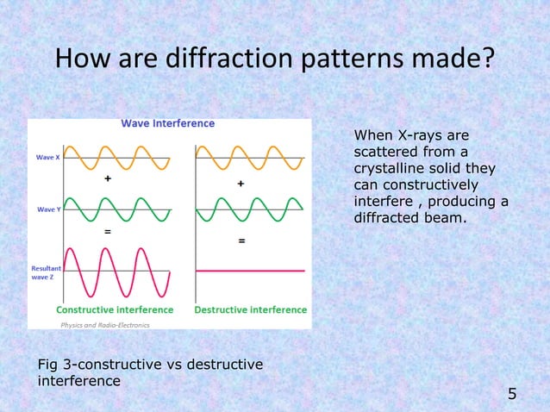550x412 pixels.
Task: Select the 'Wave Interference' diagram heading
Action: point(167,123)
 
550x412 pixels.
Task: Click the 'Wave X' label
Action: point(47,158)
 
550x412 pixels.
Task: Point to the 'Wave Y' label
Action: point(47,209)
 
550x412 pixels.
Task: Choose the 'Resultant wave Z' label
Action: point(45,274)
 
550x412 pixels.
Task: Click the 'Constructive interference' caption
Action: point(115,309)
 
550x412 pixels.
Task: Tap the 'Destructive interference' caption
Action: point(251,309)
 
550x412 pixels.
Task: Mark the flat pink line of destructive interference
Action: point(250,271)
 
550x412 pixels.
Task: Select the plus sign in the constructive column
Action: point(108,179)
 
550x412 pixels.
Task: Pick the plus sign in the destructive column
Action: point(241,184)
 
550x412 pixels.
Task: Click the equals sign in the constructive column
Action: point(108,233)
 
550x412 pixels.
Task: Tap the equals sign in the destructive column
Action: point(241,242)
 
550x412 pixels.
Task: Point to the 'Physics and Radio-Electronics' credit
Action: point(104,325)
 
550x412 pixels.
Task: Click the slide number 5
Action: point(512,395)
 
